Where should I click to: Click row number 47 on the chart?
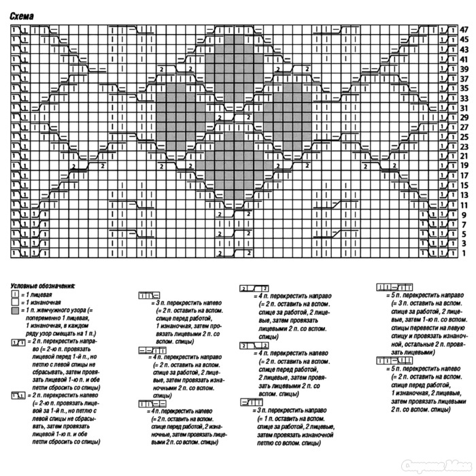464,30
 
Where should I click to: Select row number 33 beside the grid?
464,98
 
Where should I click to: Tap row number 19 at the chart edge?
464,165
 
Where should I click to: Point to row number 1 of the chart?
464,253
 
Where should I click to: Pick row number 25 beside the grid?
464,137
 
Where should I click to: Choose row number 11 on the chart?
464,205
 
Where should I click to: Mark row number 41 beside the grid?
464,59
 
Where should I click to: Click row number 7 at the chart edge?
464,224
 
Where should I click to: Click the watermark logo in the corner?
436,464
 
